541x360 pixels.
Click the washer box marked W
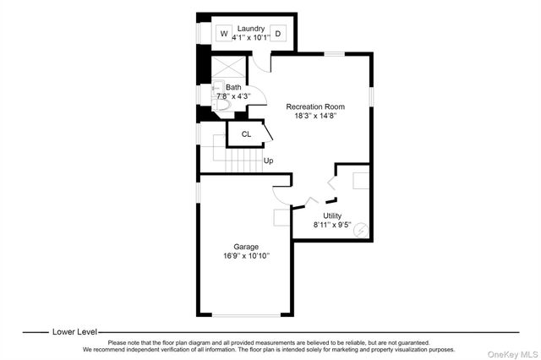[224, 34]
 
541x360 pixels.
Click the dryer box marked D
[278, 34]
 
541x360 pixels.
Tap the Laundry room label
[251, 29]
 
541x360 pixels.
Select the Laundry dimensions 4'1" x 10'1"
[251, 38]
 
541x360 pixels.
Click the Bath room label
[232, 87]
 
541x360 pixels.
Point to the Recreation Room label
[316, 106]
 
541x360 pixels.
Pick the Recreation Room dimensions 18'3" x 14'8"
[316, 117]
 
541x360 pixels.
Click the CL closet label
[246, 134]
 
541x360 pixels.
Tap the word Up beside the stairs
[268, 161]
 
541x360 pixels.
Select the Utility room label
[332, 216]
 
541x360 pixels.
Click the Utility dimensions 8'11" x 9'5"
[332, 226]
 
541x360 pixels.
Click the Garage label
[246, 247]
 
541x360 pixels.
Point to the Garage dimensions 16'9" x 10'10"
[246, 256]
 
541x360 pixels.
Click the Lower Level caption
[74, 333]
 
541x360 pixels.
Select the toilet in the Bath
[232, 105]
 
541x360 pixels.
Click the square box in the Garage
[281, 216]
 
